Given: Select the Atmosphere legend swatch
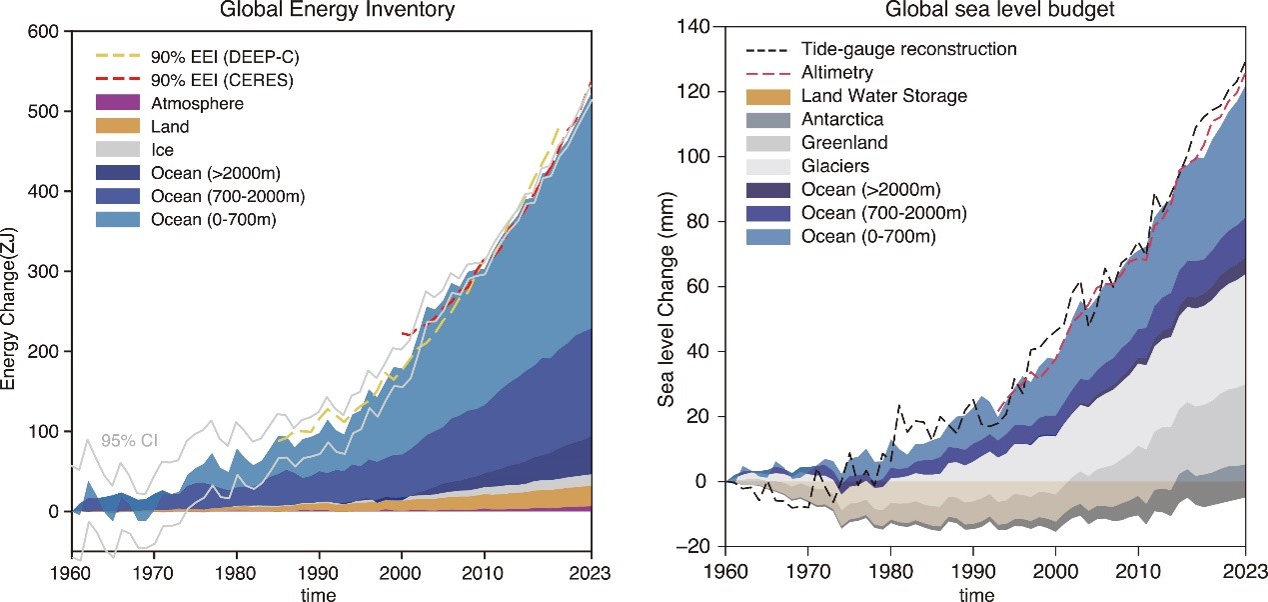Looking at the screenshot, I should click(x=126, y=103).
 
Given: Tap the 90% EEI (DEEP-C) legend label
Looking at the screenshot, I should click(x=236, y=55).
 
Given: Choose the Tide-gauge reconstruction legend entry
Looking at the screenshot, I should click(x=908, y=49).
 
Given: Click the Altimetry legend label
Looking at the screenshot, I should click(x=836, y=73).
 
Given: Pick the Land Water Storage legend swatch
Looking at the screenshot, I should click(x=770, y=97).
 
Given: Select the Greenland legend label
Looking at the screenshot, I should click(x=845, y=143).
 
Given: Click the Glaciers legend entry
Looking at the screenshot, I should click(x=835, y=166).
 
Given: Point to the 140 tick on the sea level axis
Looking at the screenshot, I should click(x=688, y=27).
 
